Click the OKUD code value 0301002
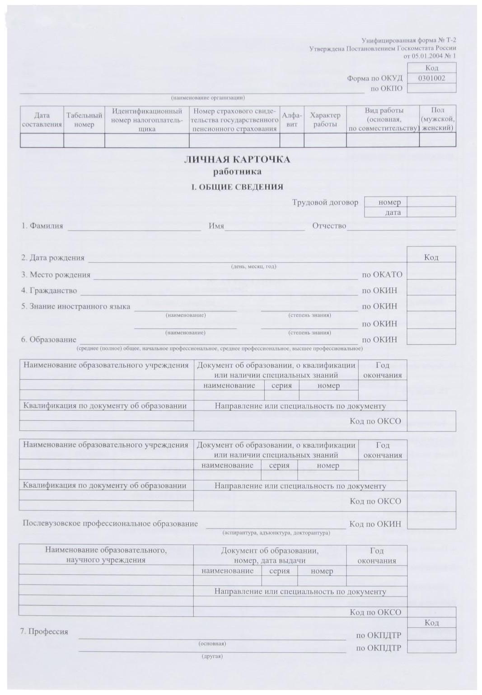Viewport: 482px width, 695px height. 431,78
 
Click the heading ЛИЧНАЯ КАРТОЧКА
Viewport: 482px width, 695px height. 237,160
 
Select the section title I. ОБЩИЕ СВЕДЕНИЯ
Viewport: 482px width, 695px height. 237,187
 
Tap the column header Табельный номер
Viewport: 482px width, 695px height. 84,120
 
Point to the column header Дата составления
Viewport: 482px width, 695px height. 42,120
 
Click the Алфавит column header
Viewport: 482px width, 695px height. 292,120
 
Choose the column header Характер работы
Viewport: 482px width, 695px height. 325,120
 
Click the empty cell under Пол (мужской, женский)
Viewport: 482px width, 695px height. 437,141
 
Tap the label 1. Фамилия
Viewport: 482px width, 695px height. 42,226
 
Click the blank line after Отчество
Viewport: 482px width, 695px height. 401,227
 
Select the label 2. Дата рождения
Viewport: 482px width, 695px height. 52,258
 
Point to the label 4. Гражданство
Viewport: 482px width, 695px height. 49,291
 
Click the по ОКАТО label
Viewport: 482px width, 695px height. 382,275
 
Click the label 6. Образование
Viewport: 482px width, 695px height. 48,340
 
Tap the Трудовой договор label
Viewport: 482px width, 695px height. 325,202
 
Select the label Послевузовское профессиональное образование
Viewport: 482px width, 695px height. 110,524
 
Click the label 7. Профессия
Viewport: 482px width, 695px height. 44,632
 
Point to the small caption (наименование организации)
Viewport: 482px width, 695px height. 208,98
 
